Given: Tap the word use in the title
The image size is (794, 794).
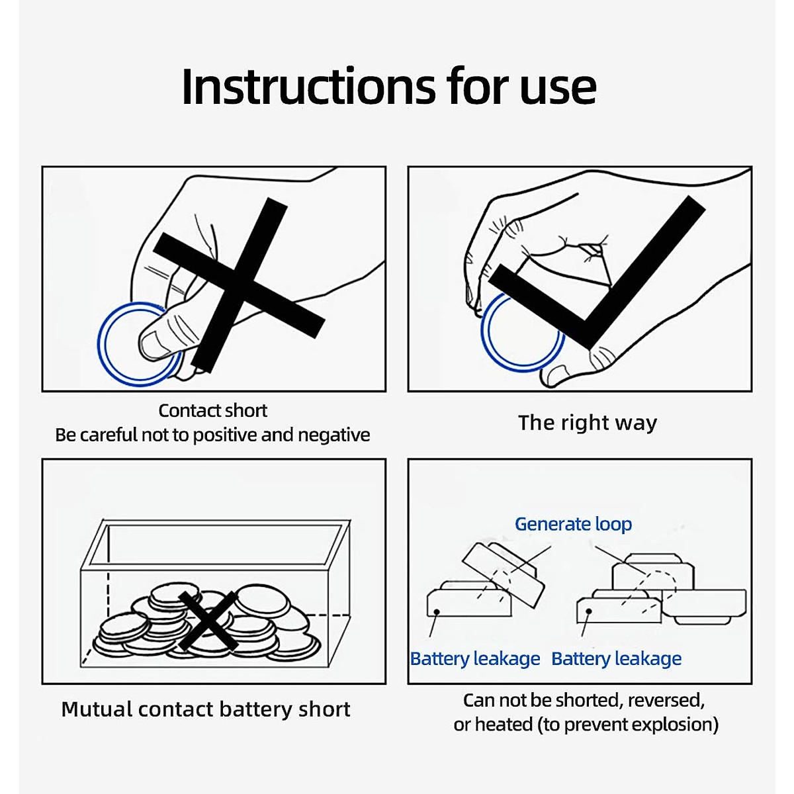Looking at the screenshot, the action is point(558,91).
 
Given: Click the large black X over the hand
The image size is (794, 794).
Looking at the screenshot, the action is point(239,285).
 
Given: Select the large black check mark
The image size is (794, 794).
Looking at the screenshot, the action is point(597,273).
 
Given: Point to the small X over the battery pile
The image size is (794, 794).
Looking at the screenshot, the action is point(208,621).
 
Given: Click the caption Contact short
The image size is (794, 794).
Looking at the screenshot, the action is point(213,410).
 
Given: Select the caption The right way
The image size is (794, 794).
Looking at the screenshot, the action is point(587,423).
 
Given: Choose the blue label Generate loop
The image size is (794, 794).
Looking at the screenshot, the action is point(573,525).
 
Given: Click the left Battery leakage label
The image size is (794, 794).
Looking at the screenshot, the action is point(474,659).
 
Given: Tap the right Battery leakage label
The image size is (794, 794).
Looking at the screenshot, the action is point(616,659).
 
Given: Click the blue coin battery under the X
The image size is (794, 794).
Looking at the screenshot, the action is point(139,344).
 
